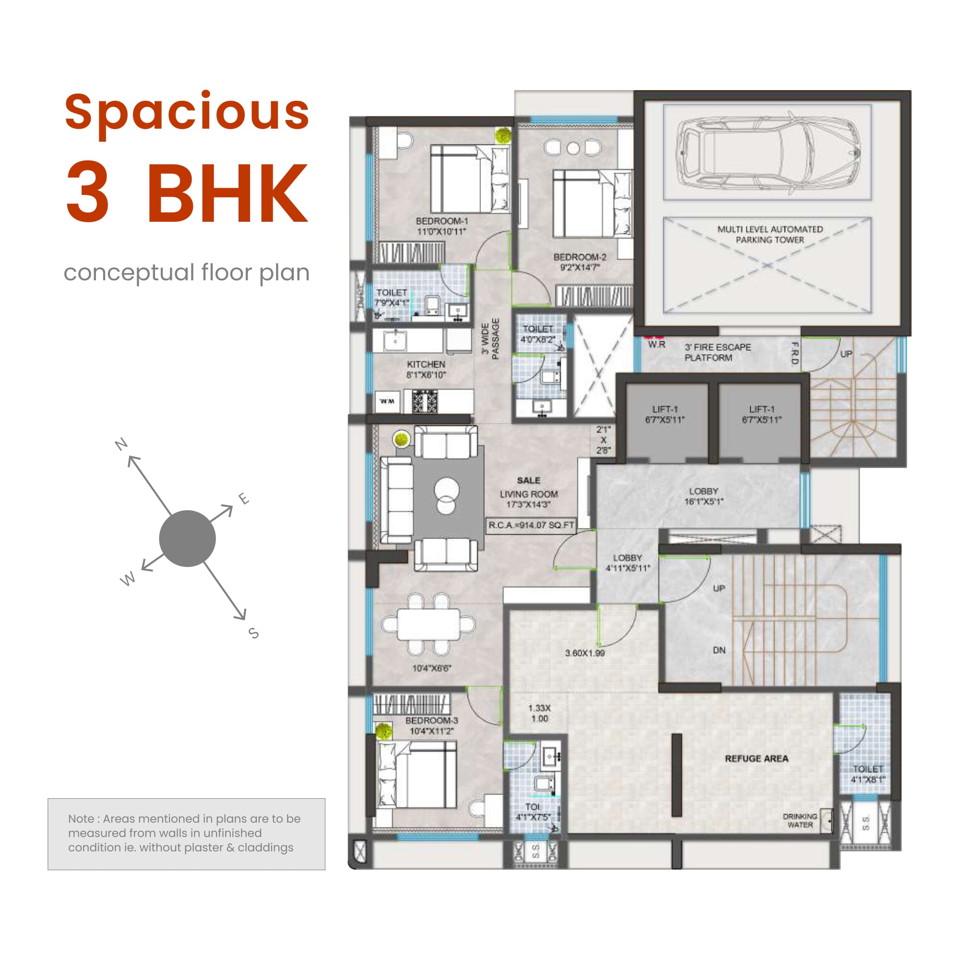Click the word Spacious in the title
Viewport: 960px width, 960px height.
[x=187, y=112]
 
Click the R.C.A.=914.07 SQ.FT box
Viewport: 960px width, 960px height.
[x=531, y=525]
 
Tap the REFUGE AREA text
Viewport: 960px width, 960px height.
[x=756, y=759]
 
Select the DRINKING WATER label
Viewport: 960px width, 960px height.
[x=800, y=820]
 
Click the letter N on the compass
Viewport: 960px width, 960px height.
[x=121, y=444]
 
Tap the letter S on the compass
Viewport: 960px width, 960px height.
[x=253, y=633]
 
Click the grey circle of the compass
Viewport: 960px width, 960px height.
[x=187, y=539]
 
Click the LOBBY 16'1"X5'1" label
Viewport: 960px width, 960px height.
[x=703, y=496]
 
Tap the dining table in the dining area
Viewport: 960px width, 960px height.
[x=428, y=624]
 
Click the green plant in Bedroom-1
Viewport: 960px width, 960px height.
[x=503, y=135]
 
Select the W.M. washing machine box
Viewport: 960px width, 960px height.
[x=386, y=401]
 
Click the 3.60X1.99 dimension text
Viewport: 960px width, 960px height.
[x=585, y=653]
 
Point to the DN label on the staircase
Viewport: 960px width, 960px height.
[x=719, y=650]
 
